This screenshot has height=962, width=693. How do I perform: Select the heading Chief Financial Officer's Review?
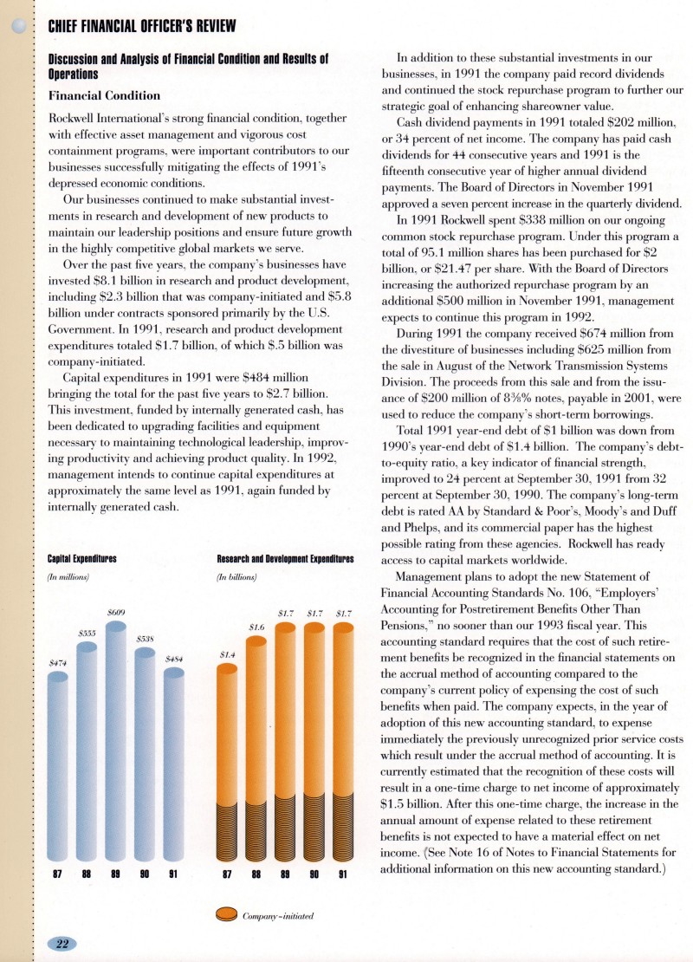point(140,26)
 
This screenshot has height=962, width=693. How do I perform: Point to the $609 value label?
point(116,613)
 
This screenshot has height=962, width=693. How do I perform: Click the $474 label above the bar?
point(57,663)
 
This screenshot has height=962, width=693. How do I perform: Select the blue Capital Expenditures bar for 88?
point(87,745)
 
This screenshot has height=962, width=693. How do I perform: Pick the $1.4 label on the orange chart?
point(227,655)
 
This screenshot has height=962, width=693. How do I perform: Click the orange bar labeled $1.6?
point(256,745)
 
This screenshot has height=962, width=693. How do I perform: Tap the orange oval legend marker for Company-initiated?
point(227,913)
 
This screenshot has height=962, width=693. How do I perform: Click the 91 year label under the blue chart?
point(173,874)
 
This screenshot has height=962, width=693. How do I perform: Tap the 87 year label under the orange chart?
point(227,874)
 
